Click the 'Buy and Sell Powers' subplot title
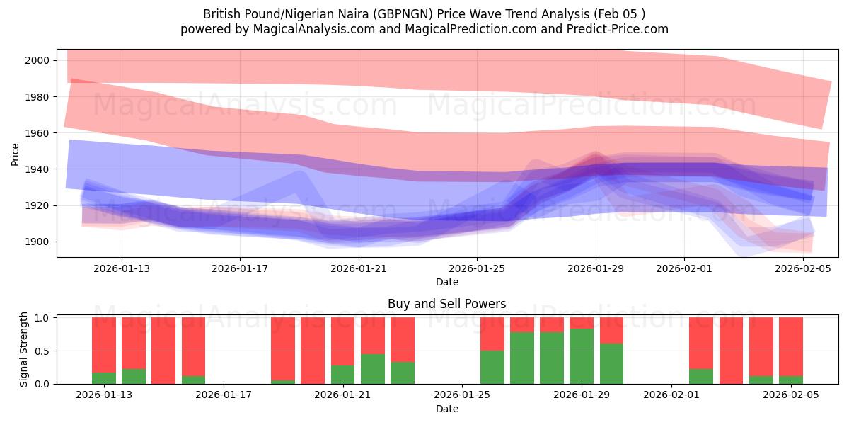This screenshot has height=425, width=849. pos(446,304)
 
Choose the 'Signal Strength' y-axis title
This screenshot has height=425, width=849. pos(24,350)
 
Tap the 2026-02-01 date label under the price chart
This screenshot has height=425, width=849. pos(683,268)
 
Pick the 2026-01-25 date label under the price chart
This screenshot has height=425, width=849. pos(476,268)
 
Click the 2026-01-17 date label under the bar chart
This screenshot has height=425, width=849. pos(224,395)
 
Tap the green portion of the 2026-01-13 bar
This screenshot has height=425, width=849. pos(104,378)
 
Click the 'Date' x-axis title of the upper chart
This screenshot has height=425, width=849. pos(446,282)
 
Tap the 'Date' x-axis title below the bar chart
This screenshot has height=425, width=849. pos(446,409)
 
